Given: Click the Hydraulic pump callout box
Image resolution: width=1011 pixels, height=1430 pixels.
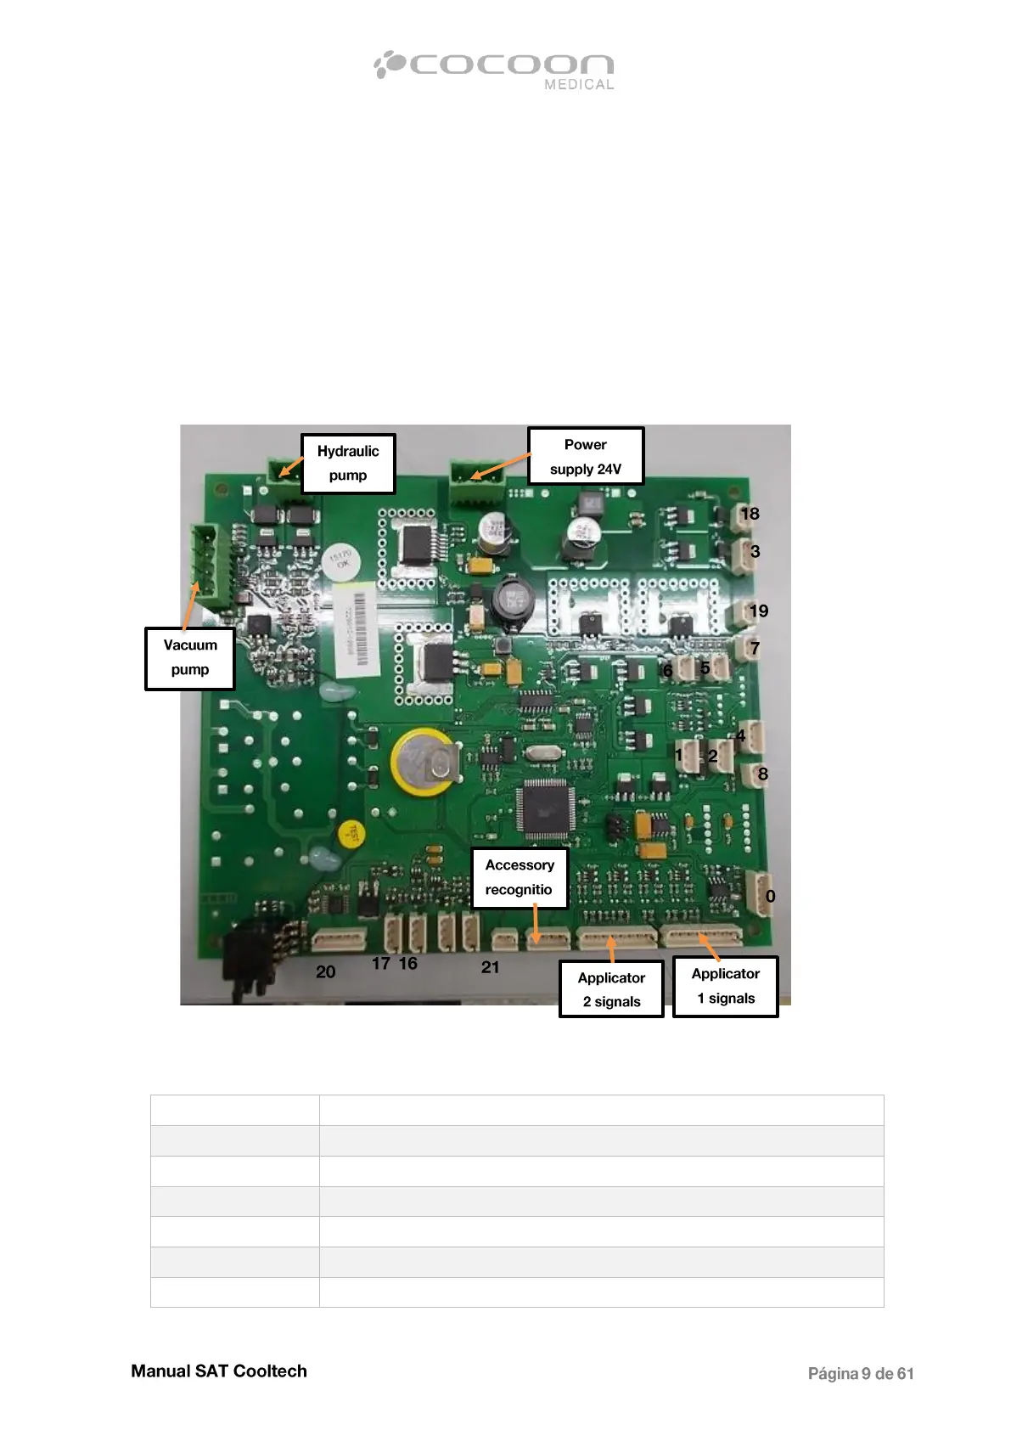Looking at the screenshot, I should coord(348,463).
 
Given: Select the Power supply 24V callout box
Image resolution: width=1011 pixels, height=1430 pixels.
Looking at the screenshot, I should coord(586,457).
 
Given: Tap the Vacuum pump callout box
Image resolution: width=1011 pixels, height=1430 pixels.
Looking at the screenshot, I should coord(189,658).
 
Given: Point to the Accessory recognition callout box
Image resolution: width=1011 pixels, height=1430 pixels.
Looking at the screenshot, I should coord(519,878).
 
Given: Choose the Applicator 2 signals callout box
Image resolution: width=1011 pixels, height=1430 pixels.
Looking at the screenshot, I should coord(611,989).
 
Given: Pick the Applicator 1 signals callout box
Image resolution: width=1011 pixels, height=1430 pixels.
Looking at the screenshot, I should coord(726,986).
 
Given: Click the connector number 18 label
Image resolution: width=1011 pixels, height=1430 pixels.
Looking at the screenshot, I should coord(750,514).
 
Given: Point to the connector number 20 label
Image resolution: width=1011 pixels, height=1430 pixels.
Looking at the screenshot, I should coord(326,972).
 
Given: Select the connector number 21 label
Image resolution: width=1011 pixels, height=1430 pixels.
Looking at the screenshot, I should coord(491,967).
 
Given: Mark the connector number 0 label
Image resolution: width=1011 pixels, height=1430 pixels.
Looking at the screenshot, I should coord(770,897).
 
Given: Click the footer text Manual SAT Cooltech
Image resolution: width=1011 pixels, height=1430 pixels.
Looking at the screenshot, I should coord(219,1371).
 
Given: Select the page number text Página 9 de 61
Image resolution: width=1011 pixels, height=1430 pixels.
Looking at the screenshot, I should coord(860,1374).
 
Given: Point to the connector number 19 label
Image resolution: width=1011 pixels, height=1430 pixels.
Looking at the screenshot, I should coord(759,611).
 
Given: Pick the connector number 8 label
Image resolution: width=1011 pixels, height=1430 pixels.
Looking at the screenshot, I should coord(762,774).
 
